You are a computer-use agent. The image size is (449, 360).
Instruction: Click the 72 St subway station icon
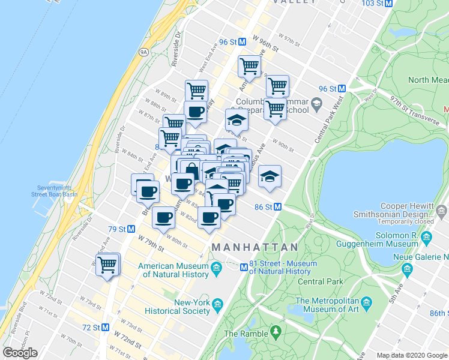105,328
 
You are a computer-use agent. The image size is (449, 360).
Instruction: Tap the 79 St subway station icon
130,229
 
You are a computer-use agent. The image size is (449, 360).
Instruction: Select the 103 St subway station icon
388,3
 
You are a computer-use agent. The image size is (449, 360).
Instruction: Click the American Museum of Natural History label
173,270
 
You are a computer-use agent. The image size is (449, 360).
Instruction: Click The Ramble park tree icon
276,331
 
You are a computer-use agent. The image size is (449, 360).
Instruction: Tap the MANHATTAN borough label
255,247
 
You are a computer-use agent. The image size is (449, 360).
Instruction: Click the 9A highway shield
143,52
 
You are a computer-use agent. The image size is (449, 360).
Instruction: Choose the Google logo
20,353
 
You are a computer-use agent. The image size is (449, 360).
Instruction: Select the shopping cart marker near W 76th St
107,264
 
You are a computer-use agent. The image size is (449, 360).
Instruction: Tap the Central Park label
321,281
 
